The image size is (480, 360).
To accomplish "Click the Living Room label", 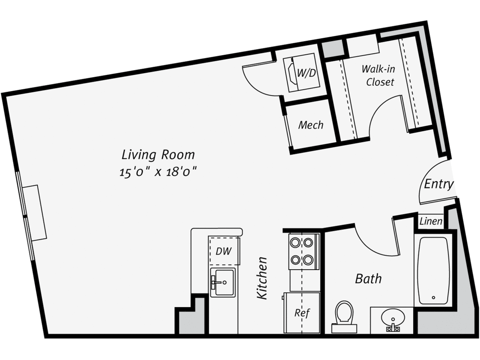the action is click(x=158, y=155).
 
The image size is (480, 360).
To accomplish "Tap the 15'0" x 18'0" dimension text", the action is click(x=158, y=172).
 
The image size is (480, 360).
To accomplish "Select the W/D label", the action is click(x=306, y=73).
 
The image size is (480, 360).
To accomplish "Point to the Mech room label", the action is click(x=311, y=125).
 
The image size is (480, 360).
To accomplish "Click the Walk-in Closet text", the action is click(x=379, y=76).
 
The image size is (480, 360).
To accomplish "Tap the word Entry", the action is click(x=438, y=184).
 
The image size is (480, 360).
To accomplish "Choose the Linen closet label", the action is click(x=431, y=222).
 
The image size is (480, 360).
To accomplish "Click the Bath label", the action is click(x=368, y=279).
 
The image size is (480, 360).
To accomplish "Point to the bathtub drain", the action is click(x=434, y=298).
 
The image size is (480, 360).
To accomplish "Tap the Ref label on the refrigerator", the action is click(x=302, y=313).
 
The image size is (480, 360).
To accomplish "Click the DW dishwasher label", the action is click(x=224, y=251).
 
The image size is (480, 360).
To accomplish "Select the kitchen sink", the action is click(x=223, y=282).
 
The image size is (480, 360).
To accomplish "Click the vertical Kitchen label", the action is click(x=262, y=278).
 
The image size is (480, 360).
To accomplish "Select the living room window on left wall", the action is click(x=25, y=216).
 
